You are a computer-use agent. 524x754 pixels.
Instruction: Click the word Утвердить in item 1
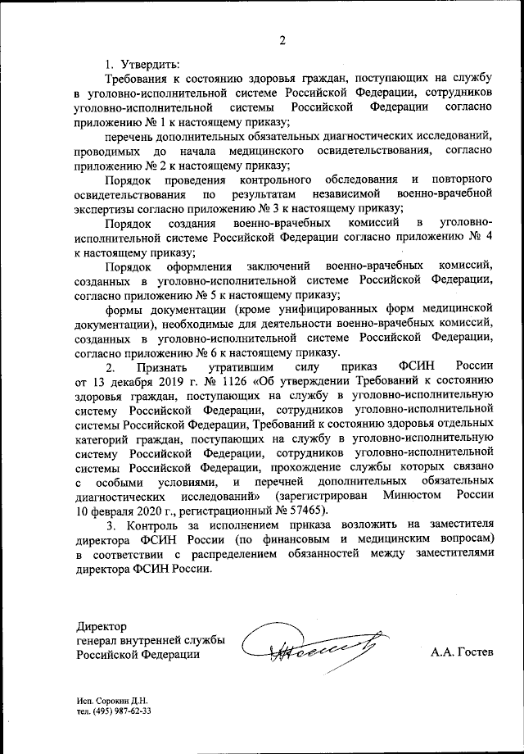[151, 64]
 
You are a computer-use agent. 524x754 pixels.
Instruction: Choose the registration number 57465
[303, 509]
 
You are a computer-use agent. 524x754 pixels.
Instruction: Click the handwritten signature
[314, 643]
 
